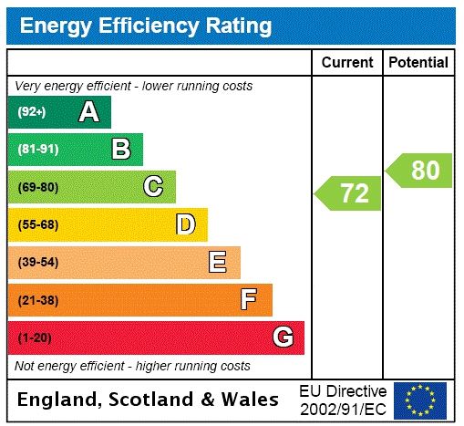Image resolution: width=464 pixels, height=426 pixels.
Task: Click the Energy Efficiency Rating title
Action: click(x=146, y=26)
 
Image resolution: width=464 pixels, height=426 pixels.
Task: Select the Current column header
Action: click(x=347, y=62)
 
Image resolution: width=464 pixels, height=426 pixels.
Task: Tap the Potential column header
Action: click(x=418, y=62)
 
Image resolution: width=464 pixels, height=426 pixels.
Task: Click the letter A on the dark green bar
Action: click(x=88, y=112)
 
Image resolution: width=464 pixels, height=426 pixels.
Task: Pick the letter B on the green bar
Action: click(x=120, y=150)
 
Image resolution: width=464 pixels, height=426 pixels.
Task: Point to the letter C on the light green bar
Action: click(x=153, y=187)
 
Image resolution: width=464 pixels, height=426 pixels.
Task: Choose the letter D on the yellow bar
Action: click(x=185, y=224)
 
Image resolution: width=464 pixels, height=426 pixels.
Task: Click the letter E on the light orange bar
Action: click(x=218, y=263)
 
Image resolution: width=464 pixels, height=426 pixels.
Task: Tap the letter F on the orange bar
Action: click(x=249, y=299)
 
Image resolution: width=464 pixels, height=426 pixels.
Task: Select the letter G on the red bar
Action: click(x=284, y=338)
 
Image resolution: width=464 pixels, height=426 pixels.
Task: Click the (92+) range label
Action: click(x=32, y=112)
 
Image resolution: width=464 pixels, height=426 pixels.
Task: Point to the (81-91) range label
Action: click(x=38, y=150)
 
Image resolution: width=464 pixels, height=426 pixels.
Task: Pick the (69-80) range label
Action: click(x=38, y=187)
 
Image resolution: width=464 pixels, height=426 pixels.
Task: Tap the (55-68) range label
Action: click(x=38, y=224)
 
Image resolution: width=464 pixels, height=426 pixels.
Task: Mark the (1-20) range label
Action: click(x=36, y=338)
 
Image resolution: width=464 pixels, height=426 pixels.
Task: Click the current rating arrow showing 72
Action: click(x=349, y=193)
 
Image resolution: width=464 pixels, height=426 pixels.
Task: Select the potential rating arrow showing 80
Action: click(x=419, y=171)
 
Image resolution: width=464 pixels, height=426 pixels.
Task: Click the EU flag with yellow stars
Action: click(x=420, y=400)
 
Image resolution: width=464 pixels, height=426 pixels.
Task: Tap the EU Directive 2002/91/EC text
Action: click(x=343, y=400)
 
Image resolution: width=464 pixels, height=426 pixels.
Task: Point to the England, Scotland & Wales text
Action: click(x=149, y=400)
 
